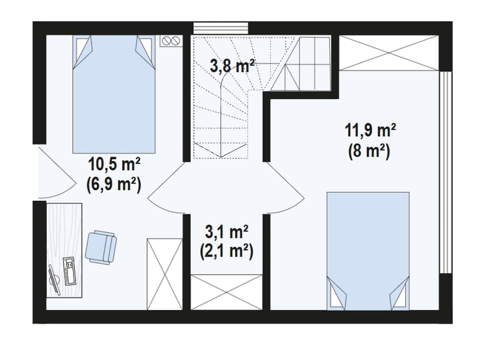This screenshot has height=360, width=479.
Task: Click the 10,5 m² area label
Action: [114, 165]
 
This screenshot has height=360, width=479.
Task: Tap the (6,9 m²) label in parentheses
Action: [114, 184]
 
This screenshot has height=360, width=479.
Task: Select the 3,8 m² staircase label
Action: [233, 66]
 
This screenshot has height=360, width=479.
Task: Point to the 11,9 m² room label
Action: [370, 130]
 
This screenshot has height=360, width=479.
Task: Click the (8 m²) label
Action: [369, 150]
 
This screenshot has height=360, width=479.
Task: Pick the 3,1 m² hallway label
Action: [226, 233]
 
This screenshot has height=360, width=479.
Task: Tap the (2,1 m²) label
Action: [226, 251]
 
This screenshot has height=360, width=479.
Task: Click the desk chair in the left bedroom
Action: [101, 246]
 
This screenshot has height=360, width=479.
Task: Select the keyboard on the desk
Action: [68, 271]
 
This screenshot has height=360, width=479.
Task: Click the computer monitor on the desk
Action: [55, 280]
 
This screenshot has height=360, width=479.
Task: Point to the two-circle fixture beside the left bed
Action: [172, 41]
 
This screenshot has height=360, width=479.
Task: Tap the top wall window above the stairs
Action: [221, 28]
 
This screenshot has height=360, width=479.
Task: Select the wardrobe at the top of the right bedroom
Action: [389, 53]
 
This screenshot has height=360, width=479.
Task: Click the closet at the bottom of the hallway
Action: [226, 292]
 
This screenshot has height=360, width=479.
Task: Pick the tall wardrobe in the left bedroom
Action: [165, 274]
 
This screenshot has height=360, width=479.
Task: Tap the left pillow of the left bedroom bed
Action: [83, 51]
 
